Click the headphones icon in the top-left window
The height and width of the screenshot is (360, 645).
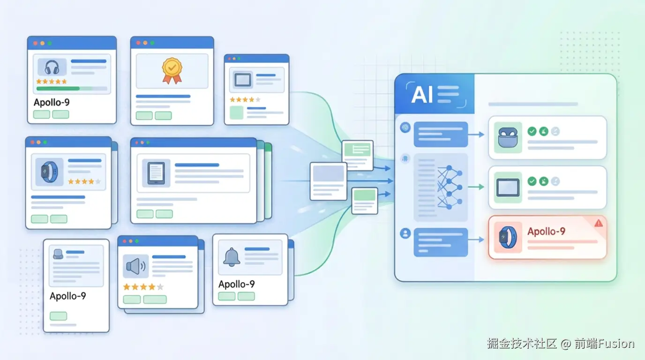50,68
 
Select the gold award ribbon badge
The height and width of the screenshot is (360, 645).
172,70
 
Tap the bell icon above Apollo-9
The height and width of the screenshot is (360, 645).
232,257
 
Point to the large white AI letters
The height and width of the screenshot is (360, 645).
422,95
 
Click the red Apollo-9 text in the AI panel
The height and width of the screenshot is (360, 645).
546,232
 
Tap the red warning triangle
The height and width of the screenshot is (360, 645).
599,224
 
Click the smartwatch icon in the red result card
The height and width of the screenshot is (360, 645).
508,236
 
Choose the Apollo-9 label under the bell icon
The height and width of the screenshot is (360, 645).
236,284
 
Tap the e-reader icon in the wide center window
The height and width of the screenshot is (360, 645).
156,172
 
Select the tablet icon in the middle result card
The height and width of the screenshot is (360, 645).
508,187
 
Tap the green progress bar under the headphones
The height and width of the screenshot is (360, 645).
58,88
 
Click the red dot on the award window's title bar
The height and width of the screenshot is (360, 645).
138,43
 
